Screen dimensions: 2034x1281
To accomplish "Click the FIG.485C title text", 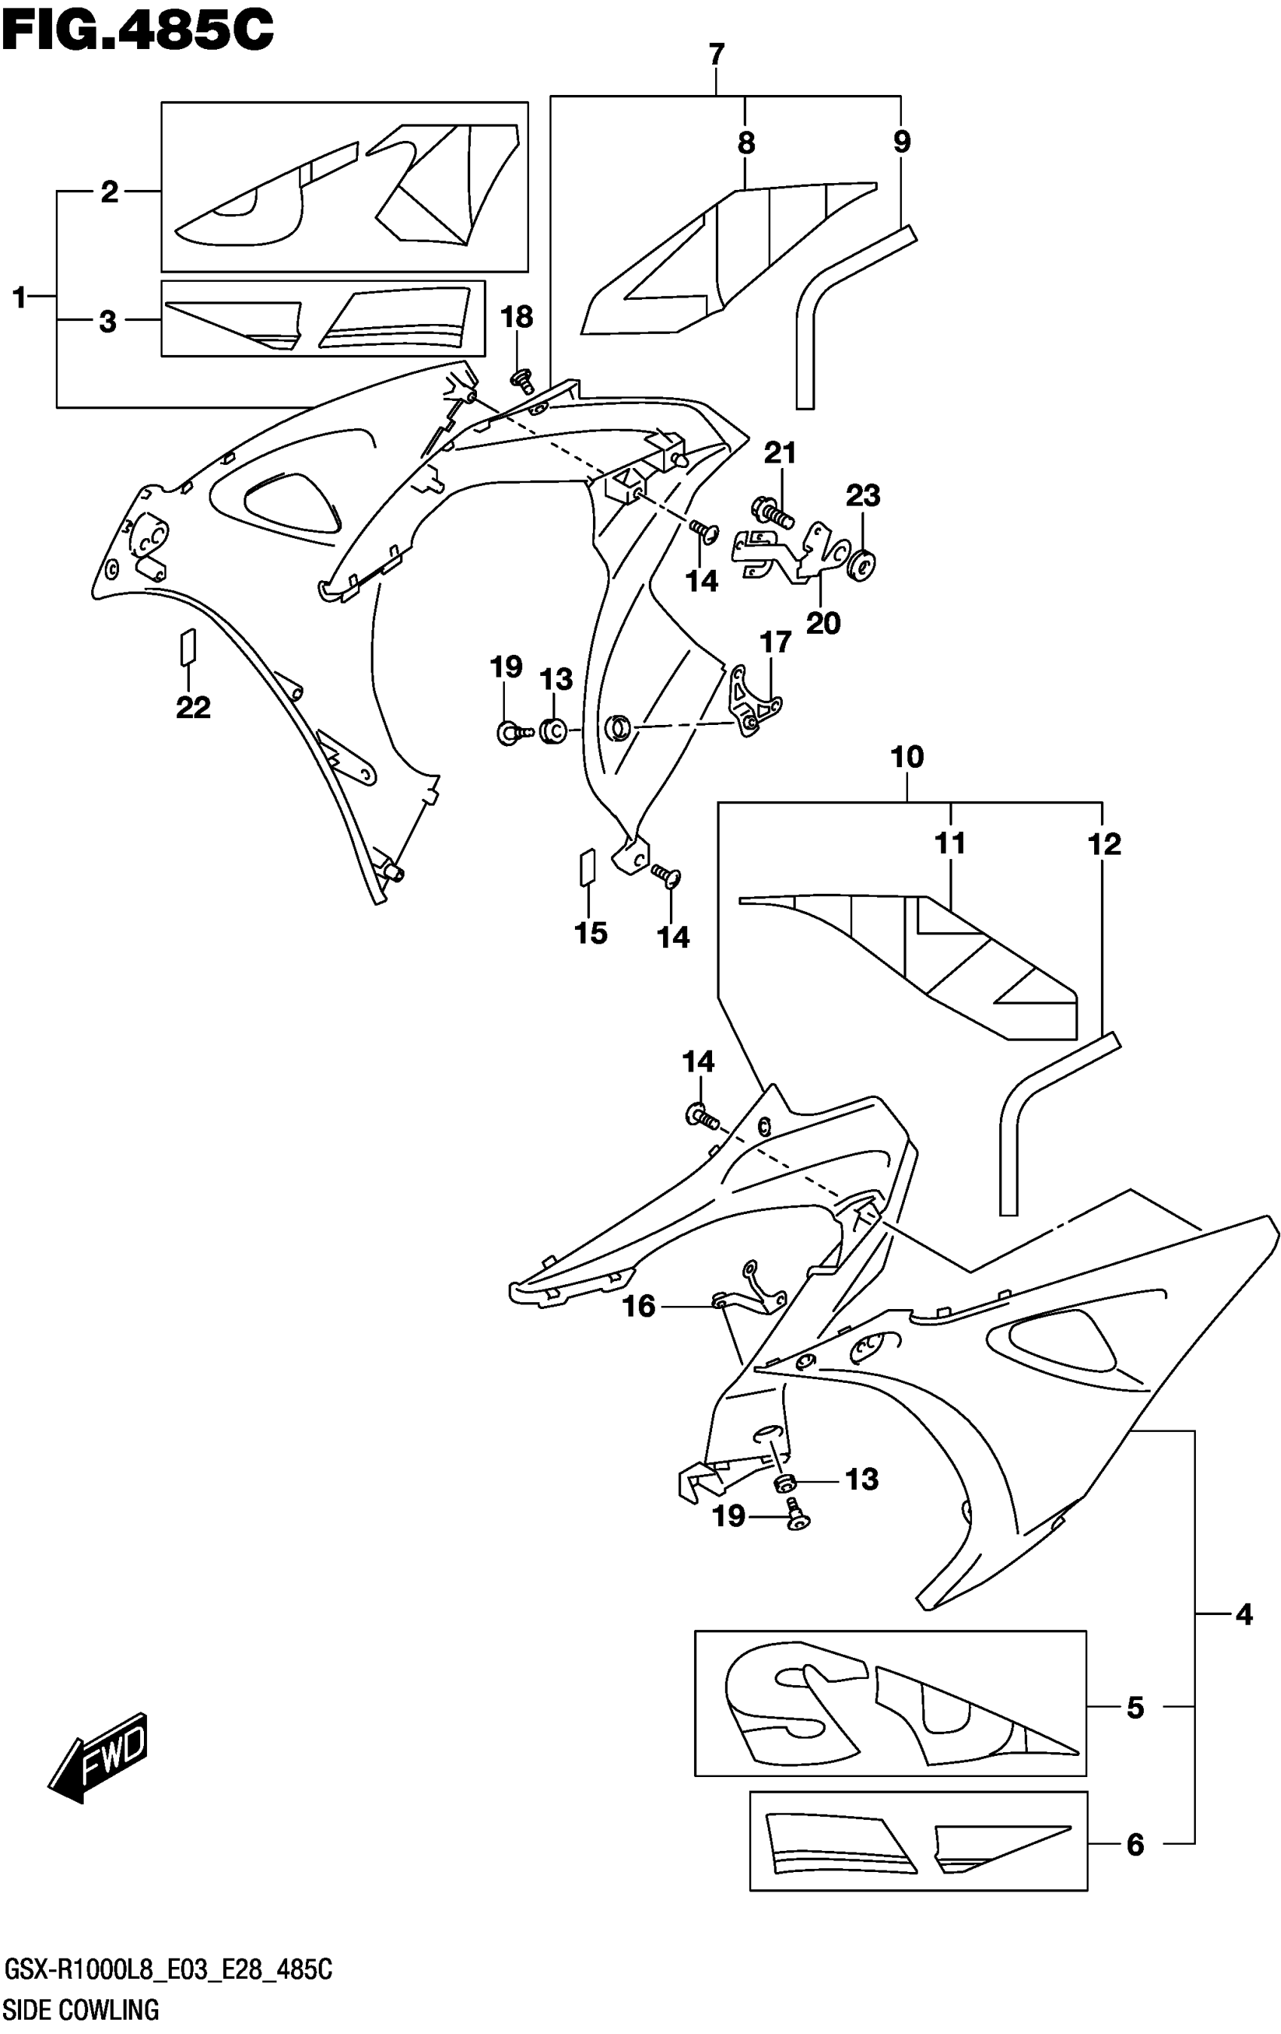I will [137, 32].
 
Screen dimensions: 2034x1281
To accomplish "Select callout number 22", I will [193, 707].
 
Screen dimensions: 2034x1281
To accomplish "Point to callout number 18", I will [517, 317].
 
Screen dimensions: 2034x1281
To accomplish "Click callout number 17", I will [775, 642].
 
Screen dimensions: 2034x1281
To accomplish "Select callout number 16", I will [639, 1307].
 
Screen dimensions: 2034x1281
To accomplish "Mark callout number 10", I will [907, 757].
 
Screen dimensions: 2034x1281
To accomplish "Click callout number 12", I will [1104, 843].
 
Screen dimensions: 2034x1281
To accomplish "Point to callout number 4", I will [1243, 1614].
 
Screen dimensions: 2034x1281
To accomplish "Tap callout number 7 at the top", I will [716, 55].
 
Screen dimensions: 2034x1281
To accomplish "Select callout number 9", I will [902, 141].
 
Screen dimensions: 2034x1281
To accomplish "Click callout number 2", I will [109, 193].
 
